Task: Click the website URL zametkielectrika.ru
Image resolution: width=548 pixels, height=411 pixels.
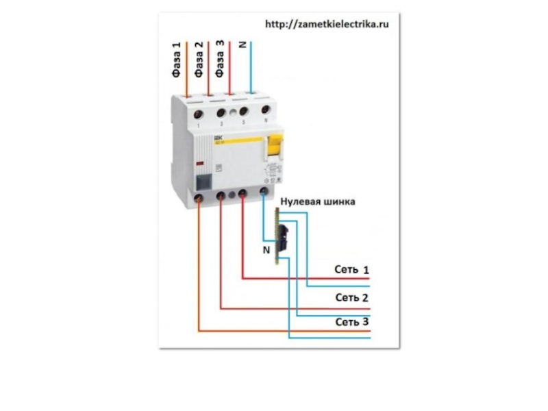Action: [327, 23]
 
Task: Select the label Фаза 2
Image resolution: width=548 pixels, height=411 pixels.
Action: [199, 60]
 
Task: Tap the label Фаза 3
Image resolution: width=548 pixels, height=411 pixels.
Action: [220, 60]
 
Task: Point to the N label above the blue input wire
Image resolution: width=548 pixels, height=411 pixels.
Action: [242, 45]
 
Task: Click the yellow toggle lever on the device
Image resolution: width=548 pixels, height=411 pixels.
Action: [275, 146]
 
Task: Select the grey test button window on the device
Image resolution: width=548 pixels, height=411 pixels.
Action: [203, 182]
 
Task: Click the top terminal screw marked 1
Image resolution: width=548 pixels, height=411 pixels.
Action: [199, 112]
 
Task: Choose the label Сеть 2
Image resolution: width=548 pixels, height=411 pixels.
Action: [351, 297]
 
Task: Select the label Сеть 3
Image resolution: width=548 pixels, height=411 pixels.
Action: [351, 322]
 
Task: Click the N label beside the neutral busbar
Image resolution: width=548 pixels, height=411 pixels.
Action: [266, 250]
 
